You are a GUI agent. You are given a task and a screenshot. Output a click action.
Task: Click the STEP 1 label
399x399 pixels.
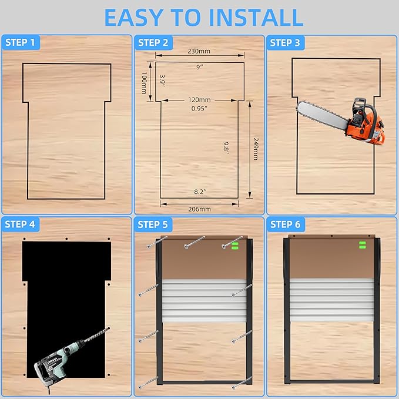click(x=20, y=42)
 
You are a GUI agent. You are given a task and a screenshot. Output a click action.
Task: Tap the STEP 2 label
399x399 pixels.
click(x=153, y=43)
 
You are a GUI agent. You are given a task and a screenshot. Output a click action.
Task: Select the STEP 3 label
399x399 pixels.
click(x=285, y=43)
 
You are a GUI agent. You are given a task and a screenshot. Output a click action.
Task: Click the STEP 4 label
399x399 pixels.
click(x=20, y=224)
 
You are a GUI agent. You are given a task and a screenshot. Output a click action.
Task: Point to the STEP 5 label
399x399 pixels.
click(x=153, y=224)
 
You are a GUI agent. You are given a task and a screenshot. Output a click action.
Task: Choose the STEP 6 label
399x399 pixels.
click(x=286, y=224)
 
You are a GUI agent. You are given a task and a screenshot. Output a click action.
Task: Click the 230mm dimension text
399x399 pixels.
click(x=199, y=51)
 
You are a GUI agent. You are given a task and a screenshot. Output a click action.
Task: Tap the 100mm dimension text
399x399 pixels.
click(x=145, y=83)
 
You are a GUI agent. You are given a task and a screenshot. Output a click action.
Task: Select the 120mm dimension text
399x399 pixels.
click(x=200, y=100)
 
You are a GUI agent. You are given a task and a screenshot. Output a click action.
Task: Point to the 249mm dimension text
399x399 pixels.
click(x=256, y=149)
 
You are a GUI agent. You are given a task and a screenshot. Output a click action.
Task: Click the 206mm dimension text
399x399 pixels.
click(x=200, y=209)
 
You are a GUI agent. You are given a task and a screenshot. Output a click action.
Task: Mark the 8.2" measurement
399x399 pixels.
click(x=200, y=192)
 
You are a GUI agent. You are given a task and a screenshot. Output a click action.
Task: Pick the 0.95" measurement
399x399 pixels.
click(x=199, y=109)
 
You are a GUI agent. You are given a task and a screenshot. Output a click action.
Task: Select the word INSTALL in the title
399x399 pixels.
click(x=256, y=18)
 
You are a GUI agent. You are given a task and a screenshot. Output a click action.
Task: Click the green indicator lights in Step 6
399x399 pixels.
click(x=363, y=245)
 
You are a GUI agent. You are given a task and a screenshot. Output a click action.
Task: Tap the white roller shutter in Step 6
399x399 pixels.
click(x=332, y=300)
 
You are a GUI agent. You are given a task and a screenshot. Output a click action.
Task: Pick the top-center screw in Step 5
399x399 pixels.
click(x=195, y=243)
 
